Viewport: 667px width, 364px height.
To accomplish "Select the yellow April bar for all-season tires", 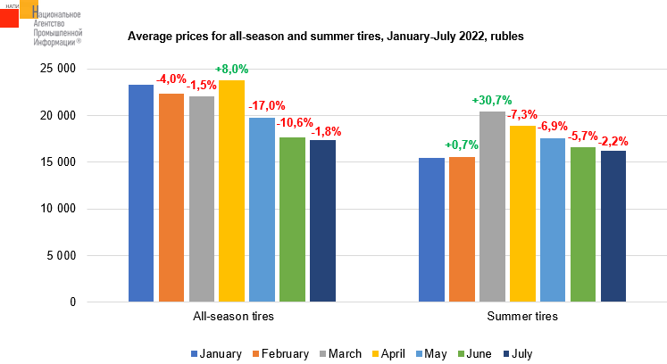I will coord(231,191).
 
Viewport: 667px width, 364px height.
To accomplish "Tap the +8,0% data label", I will coord(231,69).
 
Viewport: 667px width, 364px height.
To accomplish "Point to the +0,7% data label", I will coord(462,145).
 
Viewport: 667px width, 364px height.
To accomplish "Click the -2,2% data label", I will coord(613,140).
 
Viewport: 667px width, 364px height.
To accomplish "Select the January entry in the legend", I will coord(215,354).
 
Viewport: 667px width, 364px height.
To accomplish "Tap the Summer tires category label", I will coord(521,317).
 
